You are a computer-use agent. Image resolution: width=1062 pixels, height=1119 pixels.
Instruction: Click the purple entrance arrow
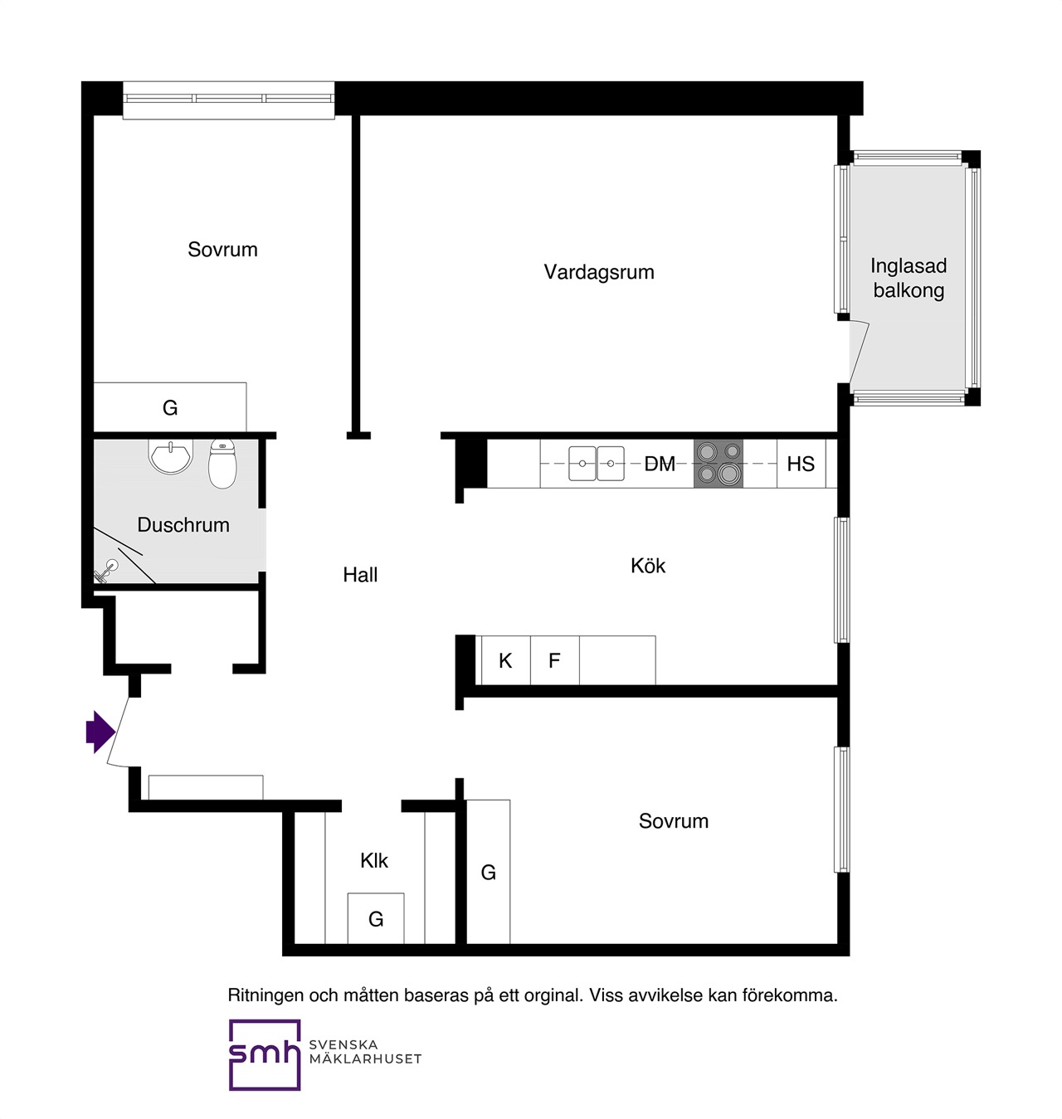100,732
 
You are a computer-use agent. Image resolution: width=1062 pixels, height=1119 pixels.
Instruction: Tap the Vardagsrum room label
598,272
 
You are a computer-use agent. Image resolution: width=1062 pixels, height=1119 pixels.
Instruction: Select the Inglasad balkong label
909,279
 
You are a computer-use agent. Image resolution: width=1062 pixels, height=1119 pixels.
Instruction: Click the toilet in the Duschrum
222,464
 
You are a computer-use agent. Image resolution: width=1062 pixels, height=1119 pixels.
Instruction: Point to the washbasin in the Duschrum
170,456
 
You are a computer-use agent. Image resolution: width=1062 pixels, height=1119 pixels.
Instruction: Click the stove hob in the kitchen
718,464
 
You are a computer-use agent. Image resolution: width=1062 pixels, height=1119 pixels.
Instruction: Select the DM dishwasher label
660,464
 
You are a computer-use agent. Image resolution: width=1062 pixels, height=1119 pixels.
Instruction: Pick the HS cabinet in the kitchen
801,464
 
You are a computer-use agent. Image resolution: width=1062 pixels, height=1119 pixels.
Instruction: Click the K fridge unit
505,660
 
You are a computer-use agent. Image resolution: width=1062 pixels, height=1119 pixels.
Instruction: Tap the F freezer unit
554,660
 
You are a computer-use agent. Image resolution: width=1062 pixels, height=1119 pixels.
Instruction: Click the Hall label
360,575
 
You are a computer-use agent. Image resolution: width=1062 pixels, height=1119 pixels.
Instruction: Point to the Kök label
647,566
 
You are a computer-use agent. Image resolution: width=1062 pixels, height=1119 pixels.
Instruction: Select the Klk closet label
374,860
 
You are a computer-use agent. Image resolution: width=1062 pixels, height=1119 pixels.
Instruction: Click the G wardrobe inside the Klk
376,918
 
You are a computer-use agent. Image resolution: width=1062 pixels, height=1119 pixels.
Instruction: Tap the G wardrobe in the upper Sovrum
170,407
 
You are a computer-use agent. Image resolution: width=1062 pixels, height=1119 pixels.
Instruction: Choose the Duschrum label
183,525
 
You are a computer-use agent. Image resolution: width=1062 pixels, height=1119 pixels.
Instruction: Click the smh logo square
264,1054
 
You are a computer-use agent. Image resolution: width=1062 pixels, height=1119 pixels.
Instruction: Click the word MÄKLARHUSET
365,1058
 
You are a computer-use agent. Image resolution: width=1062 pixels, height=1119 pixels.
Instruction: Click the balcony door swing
859,352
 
